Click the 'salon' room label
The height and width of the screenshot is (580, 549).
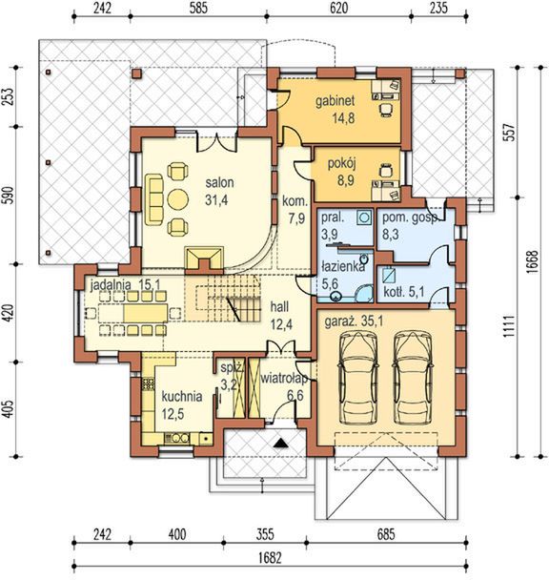point(219,182)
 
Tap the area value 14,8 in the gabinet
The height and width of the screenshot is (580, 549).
point(343,118)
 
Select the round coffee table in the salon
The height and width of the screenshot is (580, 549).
point(178,199)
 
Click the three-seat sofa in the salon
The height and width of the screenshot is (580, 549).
point(154,199)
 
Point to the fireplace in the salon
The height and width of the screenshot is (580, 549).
point(204,259)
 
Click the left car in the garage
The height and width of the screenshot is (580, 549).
point(358,378)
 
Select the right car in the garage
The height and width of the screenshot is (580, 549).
point(412,378)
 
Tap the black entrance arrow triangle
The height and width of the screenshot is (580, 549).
point(280,443)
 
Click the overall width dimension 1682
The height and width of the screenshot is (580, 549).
point(270,557)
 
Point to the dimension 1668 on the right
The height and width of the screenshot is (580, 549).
point(532,262)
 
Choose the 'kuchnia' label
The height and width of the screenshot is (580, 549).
point(182,397)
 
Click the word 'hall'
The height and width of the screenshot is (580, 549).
point(279,306)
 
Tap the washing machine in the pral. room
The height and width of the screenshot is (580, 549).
point(364,217)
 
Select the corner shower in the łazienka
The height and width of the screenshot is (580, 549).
point(364,293)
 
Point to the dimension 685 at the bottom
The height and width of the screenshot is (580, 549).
point(386,534)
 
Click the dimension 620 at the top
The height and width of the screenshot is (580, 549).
point(338,8)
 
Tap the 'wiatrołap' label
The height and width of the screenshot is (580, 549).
point(284,379)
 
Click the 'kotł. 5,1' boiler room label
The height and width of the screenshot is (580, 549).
point(404,292)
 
